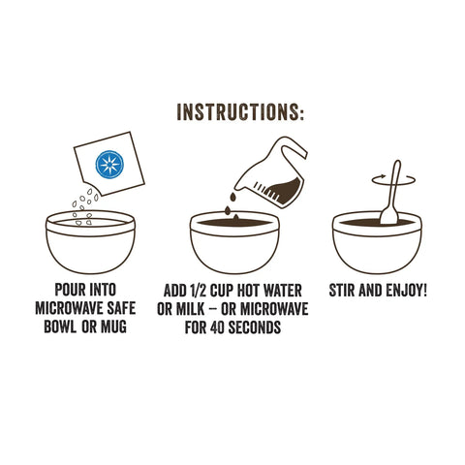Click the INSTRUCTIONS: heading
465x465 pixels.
pos(240,111)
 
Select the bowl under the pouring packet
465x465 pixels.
pos(90,244)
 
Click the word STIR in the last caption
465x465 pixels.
pos(344,292)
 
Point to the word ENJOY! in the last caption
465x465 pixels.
pos(406,292)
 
